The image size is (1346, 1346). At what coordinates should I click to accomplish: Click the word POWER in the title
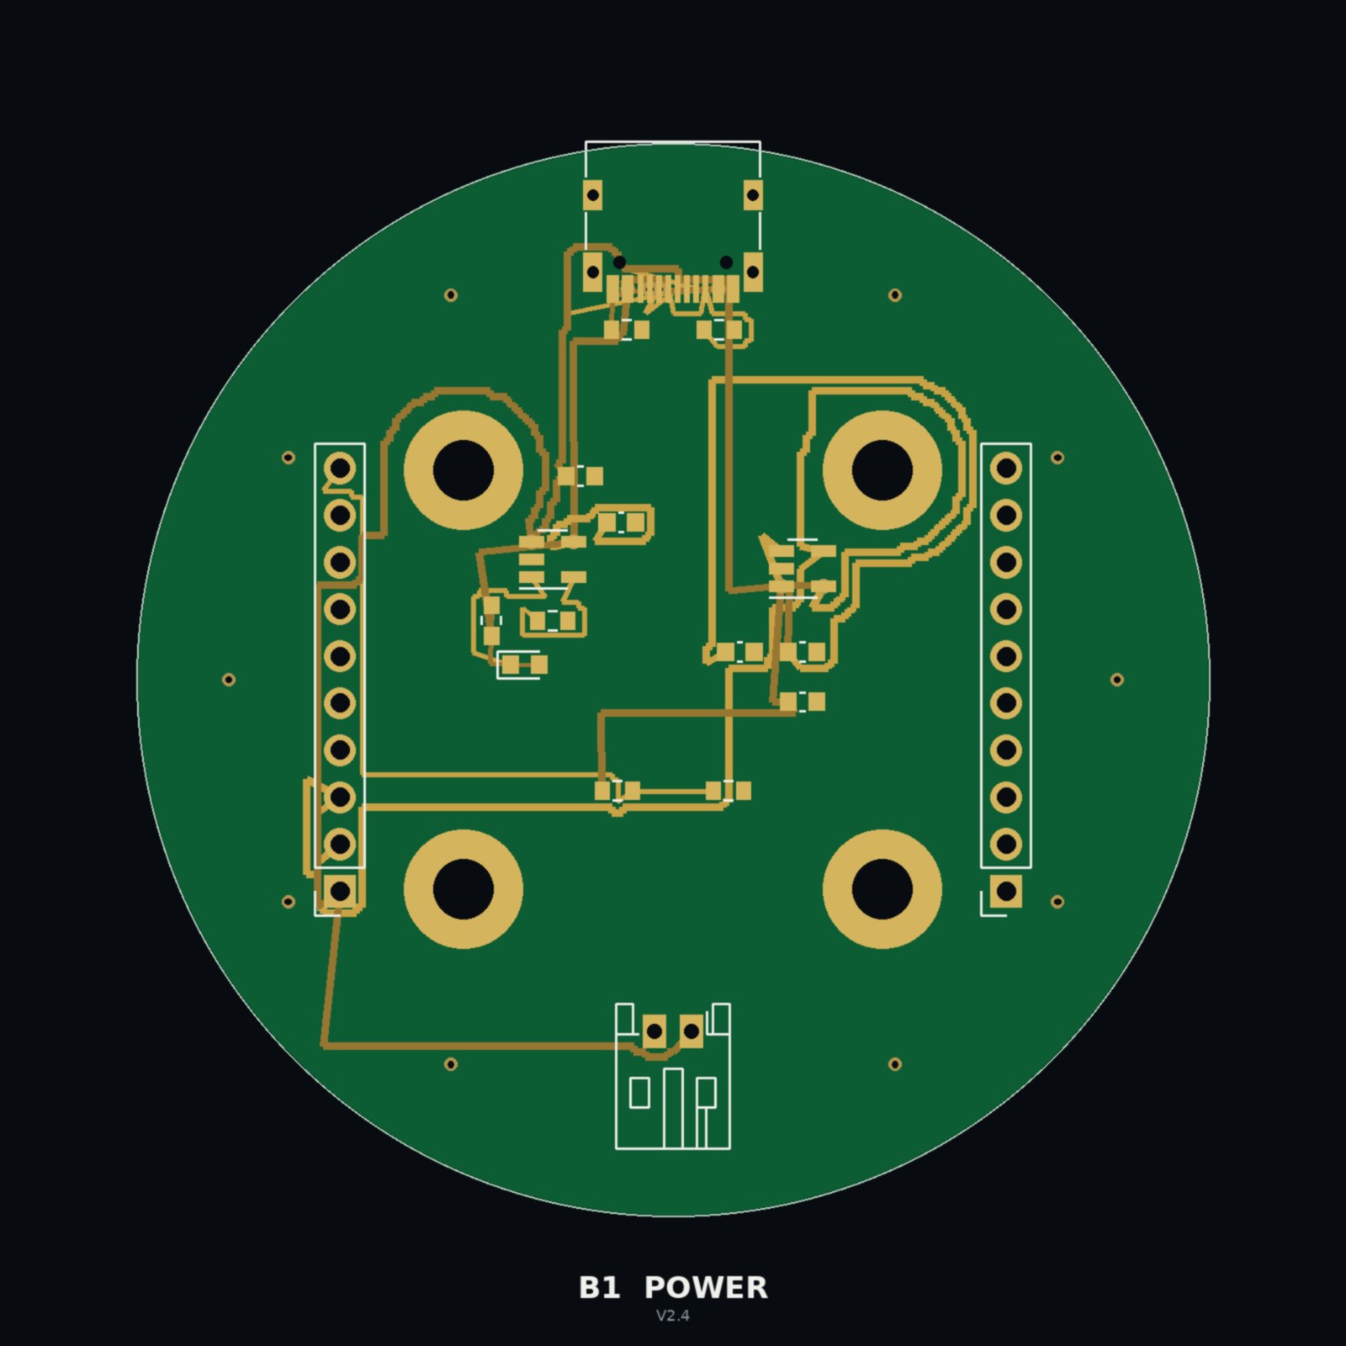pyautogui.click(x=706, y=1288)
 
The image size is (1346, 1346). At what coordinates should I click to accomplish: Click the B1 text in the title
pyautogui.click(x=599, y=1288)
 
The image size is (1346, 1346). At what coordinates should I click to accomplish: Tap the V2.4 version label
pyautogui.click(x=673, y=1316)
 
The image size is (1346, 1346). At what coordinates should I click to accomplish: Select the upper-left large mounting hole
pyautogui.click(x=464, y=470)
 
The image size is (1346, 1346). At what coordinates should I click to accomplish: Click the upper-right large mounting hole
pyautogui.click(x=882, y=470)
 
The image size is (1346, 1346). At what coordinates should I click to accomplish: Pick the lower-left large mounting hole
pyautogui.click(x=464, y=888)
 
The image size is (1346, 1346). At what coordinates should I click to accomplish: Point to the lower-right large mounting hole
pyautogui.click(x=882, y=888)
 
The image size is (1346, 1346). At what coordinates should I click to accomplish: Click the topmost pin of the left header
pyautogui.click(x=340, y=467)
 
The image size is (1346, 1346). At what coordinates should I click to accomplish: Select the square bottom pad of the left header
pyautogui.click(x=340, y=890)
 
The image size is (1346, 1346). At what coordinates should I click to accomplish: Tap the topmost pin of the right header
pyautogui.click(x=1006, y=467)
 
